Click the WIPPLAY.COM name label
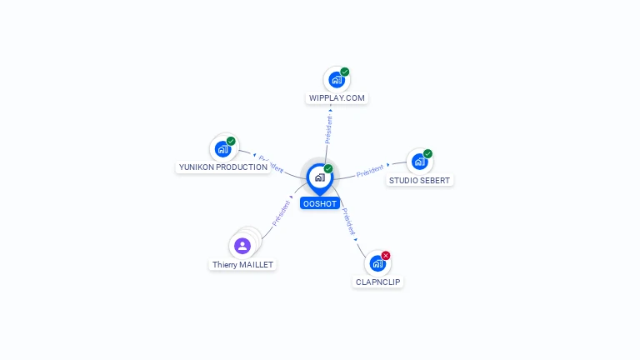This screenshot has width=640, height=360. pos(337,98)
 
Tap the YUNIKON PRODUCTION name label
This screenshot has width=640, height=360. pos(223,167)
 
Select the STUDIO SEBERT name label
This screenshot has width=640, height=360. pos(419,181)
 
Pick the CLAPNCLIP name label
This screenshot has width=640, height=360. pos(378,282)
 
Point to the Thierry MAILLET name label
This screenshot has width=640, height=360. pos(242,265)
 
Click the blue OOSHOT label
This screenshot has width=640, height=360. pos(320,203)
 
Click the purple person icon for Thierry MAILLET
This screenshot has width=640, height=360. pos(242,245)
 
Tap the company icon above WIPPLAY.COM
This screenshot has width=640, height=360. pos(336,80)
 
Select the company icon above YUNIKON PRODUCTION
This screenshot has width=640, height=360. pos(222,149)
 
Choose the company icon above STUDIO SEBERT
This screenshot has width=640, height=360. pos(419,162)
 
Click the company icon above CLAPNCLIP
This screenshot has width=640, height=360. pos(377,263)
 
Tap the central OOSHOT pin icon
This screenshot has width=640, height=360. pos(319,177)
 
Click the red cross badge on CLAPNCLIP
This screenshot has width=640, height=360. pos(386,255)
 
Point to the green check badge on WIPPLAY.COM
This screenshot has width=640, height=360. pos(345,72)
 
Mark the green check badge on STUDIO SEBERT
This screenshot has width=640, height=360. pos(427,153)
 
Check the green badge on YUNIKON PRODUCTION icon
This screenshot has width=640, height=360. pos(231,141)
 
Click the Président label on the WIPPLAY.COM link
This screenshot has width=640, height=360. pos(328,130)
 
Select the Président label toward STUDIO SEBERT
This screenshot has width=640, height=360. pos(370,172)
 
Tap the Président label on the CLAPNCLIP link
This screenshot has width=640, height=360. pos(348,219)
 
